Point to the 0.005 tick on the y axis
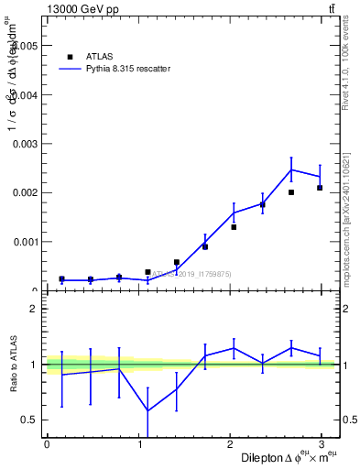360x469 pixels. (25, 45)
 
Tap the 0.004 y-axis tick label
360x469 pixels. (25, 94)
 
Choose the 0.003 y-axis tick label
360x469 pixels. (25, 144)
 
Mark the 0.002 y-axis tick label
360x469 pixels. (25, 193)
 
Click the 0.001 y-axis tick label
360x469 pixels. (25, 243)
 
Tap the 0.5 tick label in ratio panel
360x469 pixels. (30, 420)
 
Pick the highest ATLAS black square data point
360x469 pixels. (320, 188)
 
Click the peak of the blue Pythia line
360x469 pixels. (291, 169)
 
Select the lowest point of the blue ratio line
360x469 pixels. (147, 411)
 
